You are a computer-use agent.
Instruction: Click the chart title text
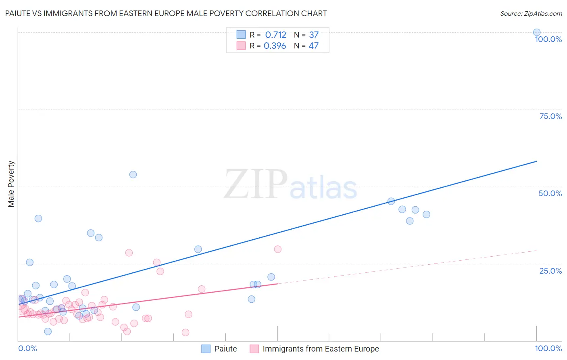[166, 14]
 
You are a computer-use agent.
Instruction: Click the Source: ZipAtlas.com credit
[531, 14]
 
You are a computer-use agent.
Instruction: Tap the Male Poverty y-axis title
[11, 184]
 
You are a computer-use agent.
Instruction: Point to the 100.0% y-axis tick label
[548, 39]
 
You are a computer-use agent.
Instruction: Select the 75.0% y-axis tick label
[550, 116]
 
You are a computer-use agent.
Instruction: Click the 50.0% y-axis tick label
[550, 193]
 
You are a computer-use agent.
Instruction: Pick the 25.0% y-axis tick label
[550, 271]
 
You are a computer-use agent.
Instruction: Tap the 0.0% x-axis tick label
[27, 348]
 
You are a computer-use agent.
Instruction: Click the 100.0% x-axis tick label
[548, 348]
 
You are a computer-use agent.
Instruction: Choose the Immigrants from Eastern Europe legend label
[321, 349]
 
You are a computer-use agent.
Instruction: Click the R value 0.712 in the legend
[275, 35]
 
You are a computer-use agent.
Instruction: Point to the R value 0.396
[275, 46]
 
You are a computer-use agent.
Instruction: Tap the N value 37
[314, 35]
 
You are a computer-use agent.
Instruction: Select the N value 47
[313, 46]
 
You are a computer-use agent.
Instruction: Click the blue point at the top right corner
[537, 33]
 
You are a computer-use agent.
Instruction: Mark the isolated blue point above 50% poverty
[133, 175]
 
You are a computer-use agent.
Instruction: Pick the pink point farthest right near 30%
[277, 249]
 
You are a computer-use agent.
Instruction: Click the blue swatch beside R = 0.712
[241, 35]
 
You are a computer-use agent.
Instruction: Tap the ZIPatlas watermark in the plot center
[290, 185]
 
